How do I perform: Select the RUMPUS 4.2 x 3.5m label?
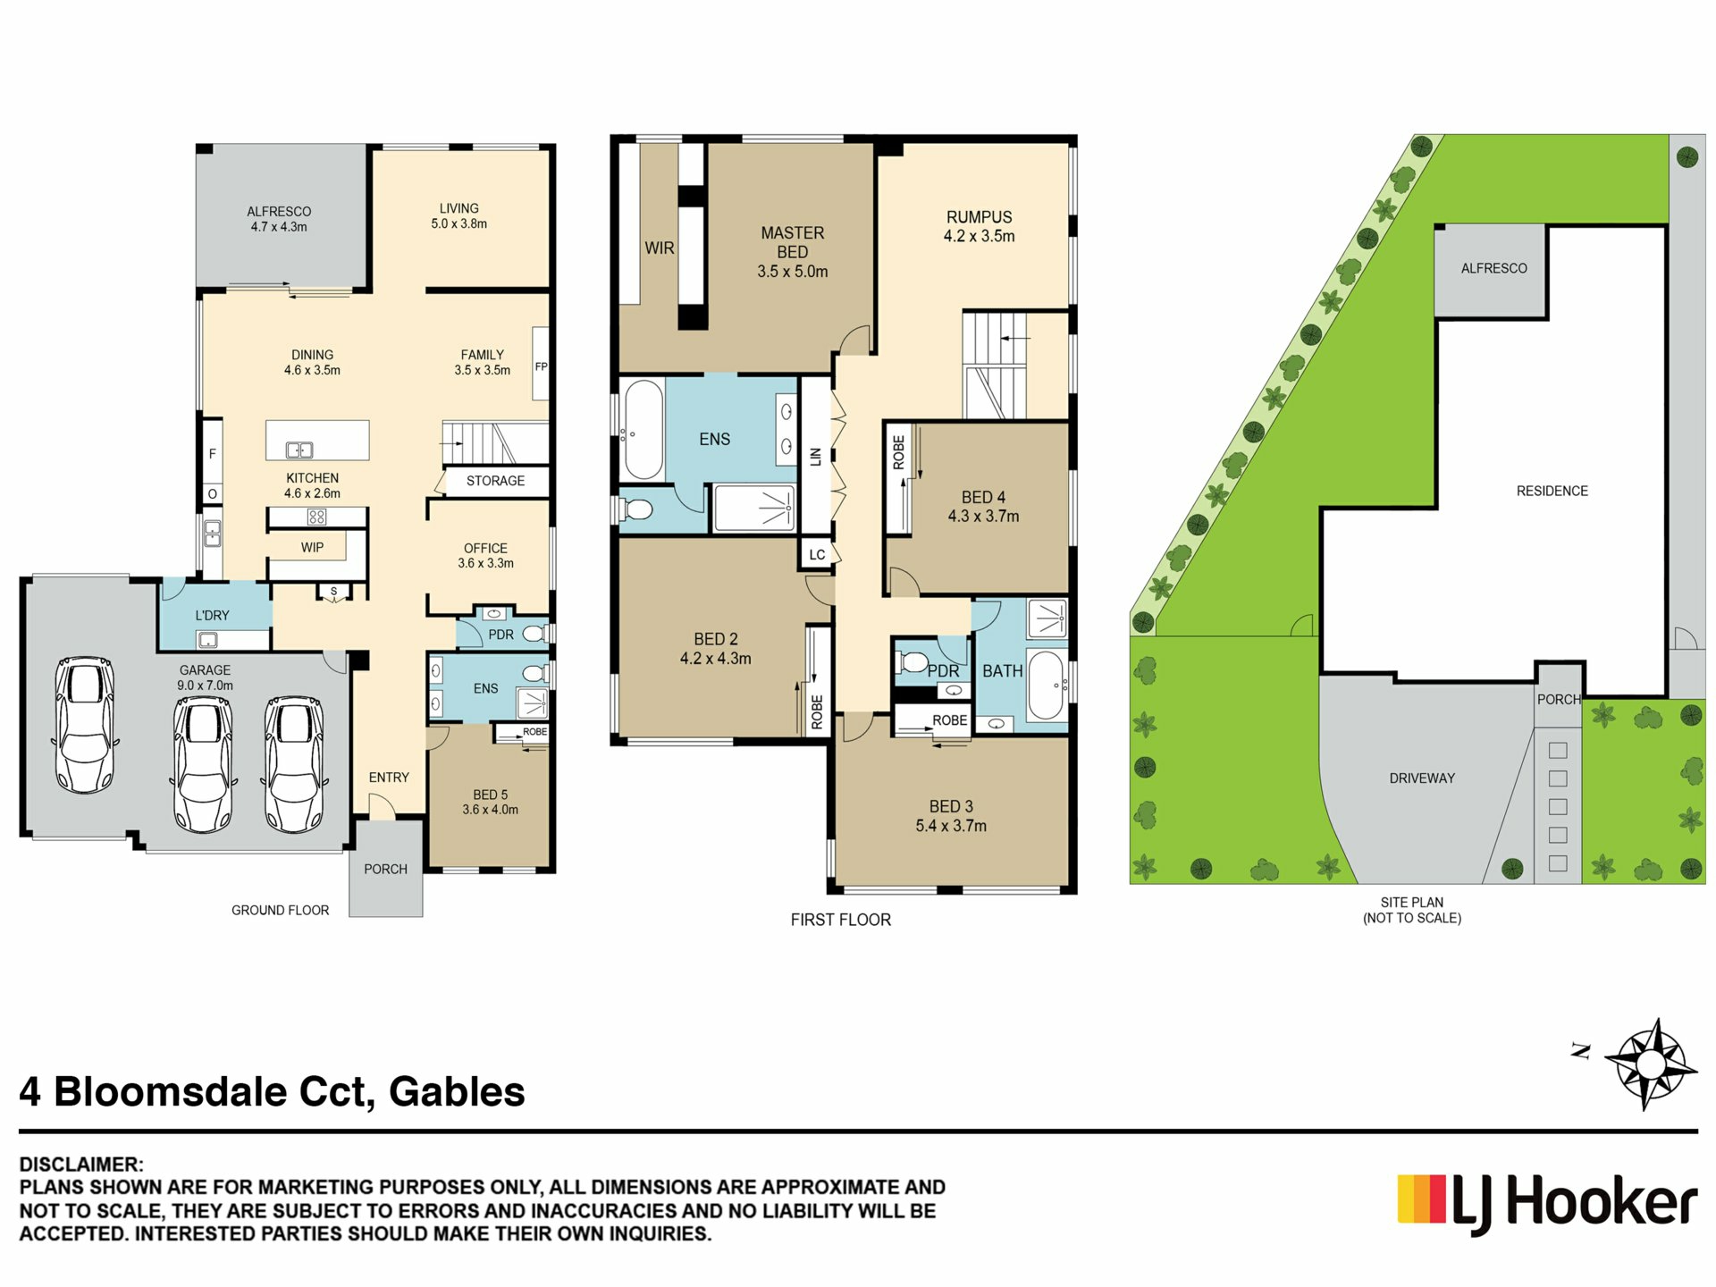980,226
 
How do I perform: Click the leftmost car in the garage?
84,726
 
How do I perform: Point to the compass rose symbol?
1650,1064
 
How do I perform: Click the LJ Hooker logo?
1547,1204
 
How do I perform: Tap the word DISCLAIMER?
81,1165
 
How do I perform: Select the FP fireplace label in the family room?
541,366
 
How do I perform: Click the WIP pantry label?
312,547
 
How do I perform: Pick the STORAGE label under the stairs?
495,481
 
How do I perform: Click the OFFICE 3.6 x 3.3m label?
485,555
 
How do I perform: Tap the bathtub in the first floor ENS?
643,430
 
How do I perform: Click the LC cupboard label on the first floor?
817,554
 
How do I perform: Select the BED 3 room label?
951,816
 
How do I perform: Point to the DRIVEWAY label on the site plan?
1422,778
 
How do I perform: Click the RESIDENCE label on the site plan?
1552,491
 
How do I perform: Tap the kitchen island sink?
299,450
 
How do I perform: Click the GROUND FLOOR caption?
280,910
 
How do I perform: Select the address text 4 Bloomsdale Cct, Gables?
273,1092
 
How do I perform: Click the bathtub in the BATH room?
1045,686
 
